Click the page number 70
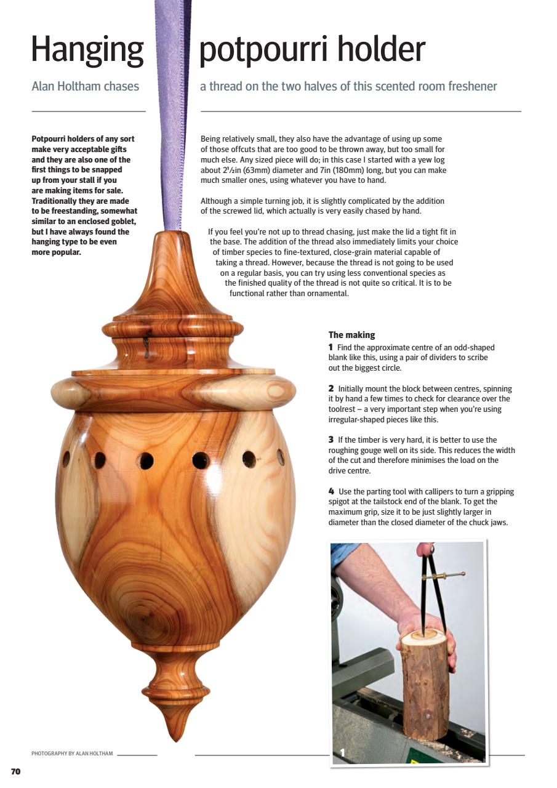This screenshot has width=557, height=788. click(x=16, y=771)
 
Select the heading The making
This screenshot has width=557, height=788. click(x=351, y=335)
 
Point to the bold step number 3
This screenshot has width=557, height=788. click(x=331, y=440)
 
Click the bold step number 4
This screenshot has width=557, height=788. click(x=331, y=491)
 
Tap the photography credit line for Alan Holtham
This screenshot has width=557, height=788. click(x=72, y=754)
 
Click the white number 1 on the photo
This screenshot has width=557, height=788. click(x=342, y=752)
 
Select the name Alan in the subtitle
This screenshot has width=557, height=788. click(x=44, y=86)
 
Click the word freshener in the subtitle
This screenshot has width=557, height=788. click(x=471, y=86)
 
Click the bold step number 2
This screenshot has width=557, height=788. click(x=331, y=388)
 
